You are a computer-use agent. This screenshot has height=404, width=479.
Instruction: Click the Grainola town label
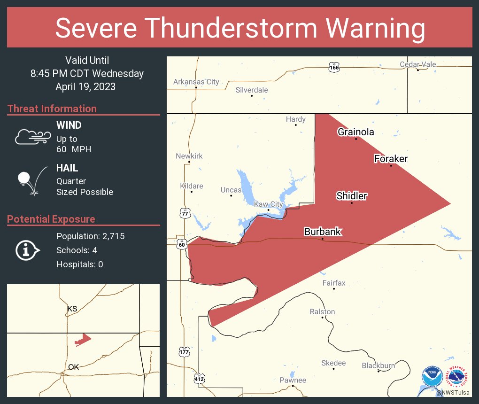point(356,132)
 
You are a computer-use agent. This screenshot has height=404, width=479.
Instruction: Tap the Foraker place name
point(391,159)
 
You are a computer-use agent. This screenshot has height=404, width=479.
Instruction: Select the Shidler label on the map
point(351,196)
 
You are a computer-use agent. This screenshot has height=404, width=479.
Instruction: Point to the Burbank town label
point(323,232)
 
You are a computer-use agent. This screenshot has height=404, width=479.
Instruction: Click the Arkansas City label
point(196,82)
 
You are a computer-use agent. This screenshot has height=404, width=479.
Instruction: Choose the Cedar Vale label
point(418,64)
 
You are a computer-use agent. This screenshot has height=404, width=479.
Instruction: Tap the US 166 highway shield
point(334,68)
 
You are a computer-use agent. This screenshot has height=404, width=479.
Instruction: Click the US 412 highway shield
point(199,378)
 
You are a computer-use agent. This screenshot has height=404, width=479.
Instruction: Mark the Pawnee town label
point(293,380)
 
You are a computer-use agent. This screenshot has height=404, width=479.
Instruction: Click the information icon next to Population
point(27,250)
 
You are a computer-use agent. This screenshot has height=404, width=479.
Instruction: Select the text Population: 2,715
point(90,236)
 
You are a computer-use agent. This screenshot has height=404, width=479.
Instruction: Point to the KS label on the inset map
point(72,309)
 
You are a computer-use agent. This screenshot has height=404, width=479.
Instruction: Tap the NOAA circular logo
point(432,377)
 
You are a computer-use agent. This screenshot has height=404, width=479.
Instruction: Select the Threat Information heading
point(52,109)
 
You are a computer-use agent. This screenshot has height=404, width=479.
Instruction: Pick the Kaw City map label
point(269,204)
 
